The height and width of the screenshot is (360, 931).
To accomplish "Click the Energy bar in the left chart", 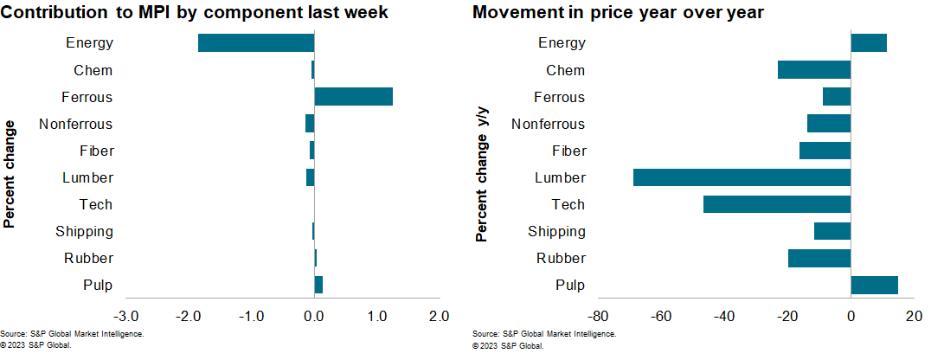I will [256, 43].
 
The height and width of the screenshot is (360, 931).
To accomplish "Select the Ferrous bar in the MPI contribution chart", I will [353, 97].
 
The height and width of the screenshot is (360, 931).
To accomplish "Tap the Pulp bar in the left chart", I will [318, 285].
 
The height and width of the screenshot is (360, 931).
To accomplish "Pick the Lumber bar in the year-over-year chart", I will [742, 177].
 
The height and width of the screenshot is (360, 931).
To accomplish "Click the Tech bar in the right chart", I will [777, 204].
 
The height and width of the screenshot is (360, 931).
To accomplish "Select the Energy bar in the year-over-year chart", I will [869, 43].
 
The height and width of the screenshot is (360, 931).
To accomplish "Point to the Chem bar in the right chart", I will [814, 70].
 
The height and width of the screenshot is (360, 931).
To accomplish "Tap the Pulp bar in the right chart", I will [874, 285].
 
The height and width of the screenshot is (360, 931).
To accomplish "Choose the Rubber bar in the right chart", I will [819, 258].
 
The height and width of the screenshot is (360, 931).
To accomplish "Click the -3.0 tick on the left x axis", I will [125, 316].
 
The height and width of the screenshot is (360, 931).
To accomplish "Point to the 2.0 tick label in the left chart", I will [440, 316].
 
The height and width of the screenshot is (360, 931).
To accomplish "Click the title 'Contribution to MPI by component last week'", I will [194, 12].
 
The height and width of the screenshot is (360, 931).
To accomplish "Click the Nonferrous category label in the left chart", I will [76, 124].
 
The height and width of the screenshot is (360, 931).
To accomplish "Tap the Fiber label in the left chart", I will [95, 151].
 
